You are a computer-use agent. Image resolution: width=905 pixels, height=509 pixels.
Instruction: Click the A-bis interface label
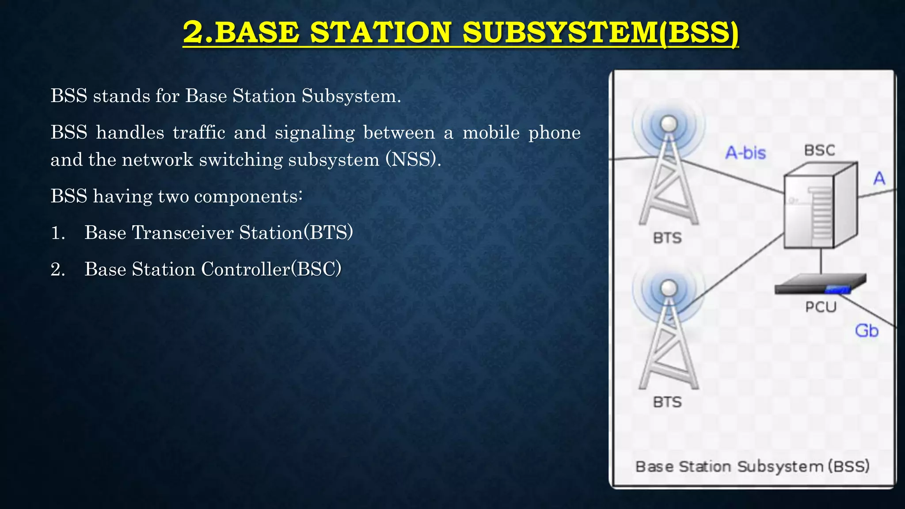coord(745,153)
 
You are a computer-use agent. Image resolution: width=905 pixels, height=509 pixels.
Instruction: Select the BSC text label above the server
coord(819,150)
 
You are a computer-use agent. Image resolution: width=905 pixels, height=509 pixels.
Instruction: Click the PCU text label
coord(821,307)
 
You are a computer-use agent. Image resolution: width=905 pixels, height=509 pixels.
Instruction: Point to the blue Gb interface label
coord(867,330)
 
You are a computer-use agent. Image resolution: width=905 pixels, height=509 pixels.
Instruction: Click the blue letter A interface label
coord(879,179)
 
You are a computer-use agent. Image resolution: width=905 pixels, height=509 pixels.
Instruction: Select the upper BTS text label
coord(667,238)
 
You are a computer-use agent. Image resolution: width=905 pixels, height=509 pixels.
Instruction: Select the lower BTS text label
coord(667,402)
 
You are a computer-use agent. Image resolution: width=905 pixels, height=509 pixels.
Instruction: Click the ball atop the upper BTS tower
coord(669,124)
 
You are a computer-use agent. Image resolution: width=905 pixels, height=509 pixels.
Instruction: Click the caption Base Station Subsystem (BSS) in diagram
coord(752,467)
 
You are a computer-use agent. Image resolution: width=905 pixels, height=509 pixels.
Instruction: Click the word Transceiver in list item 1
coord(183,233)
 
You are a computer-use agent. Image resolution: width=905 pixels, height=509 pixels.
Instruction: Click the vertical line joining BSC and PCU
coord(821,262)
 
